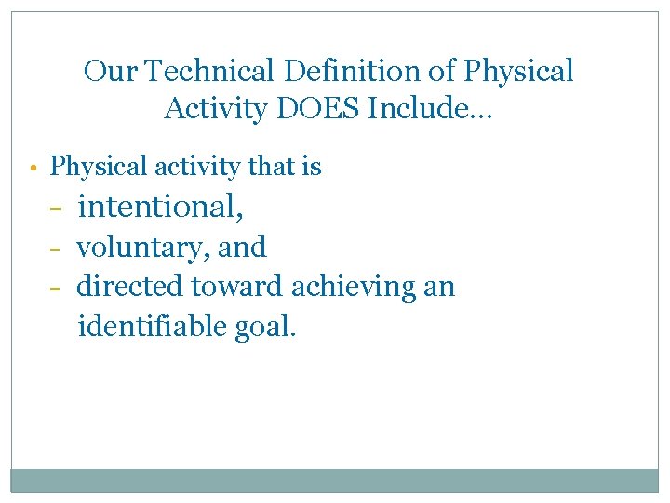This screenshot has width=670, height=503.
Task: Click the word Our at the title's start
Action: (x=104, y=71)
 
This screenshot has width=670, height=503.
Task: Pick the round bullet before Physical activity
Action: (x=33, y=169)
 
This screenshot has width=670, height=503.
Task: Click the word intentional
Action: (x=160, y=206)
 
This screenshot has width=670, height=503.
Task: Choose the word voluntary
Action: (x=142, y=248)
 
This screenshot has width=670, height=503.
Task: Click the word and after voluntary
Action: (x=242, y=247)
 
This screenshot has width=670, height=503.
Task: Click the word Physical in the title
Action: (x=516, y=71)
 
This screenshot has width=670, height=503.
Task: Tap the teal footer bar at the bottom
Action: (x=335, y=480)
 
